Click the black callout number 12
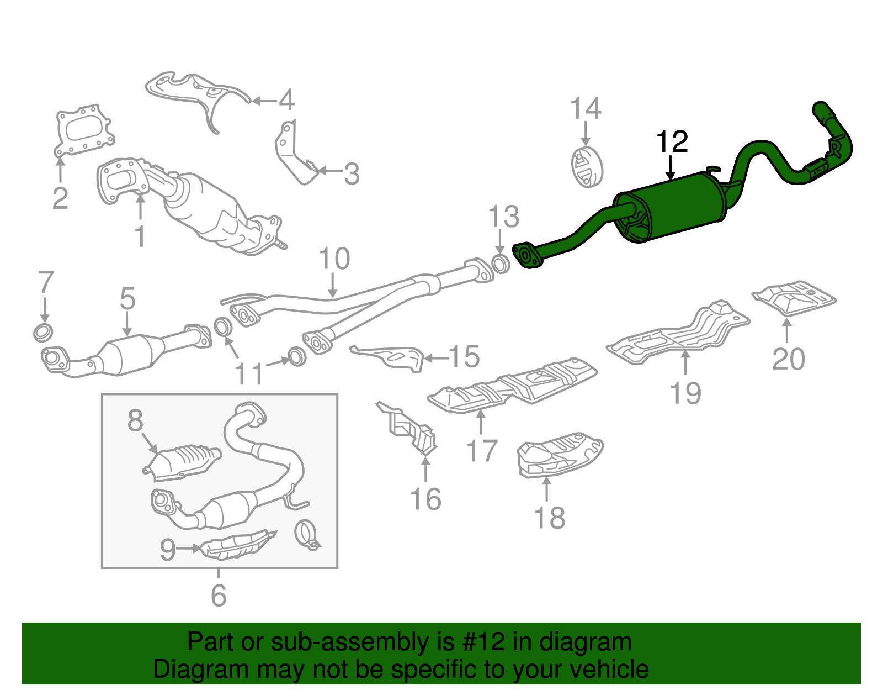pos(672,142)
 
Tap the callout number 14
pos(585,109)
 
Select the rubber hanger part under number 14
pos(586,167)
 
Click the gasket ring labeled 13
pos(500,264)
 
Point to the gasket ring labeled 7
pos(44,333)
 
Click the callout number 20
pos(788,359)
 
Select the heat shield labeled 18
pos(558,455)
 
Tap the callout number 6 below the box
pos(219,595)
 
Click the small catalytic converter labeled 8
pos(182,461)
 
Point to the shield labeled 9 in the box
pos(237,544)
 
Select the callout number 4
pos(286,101)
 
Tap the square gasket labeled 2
pos(84,131)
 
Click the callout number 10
pos(334,259)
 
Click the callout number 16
pos(425,499)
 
